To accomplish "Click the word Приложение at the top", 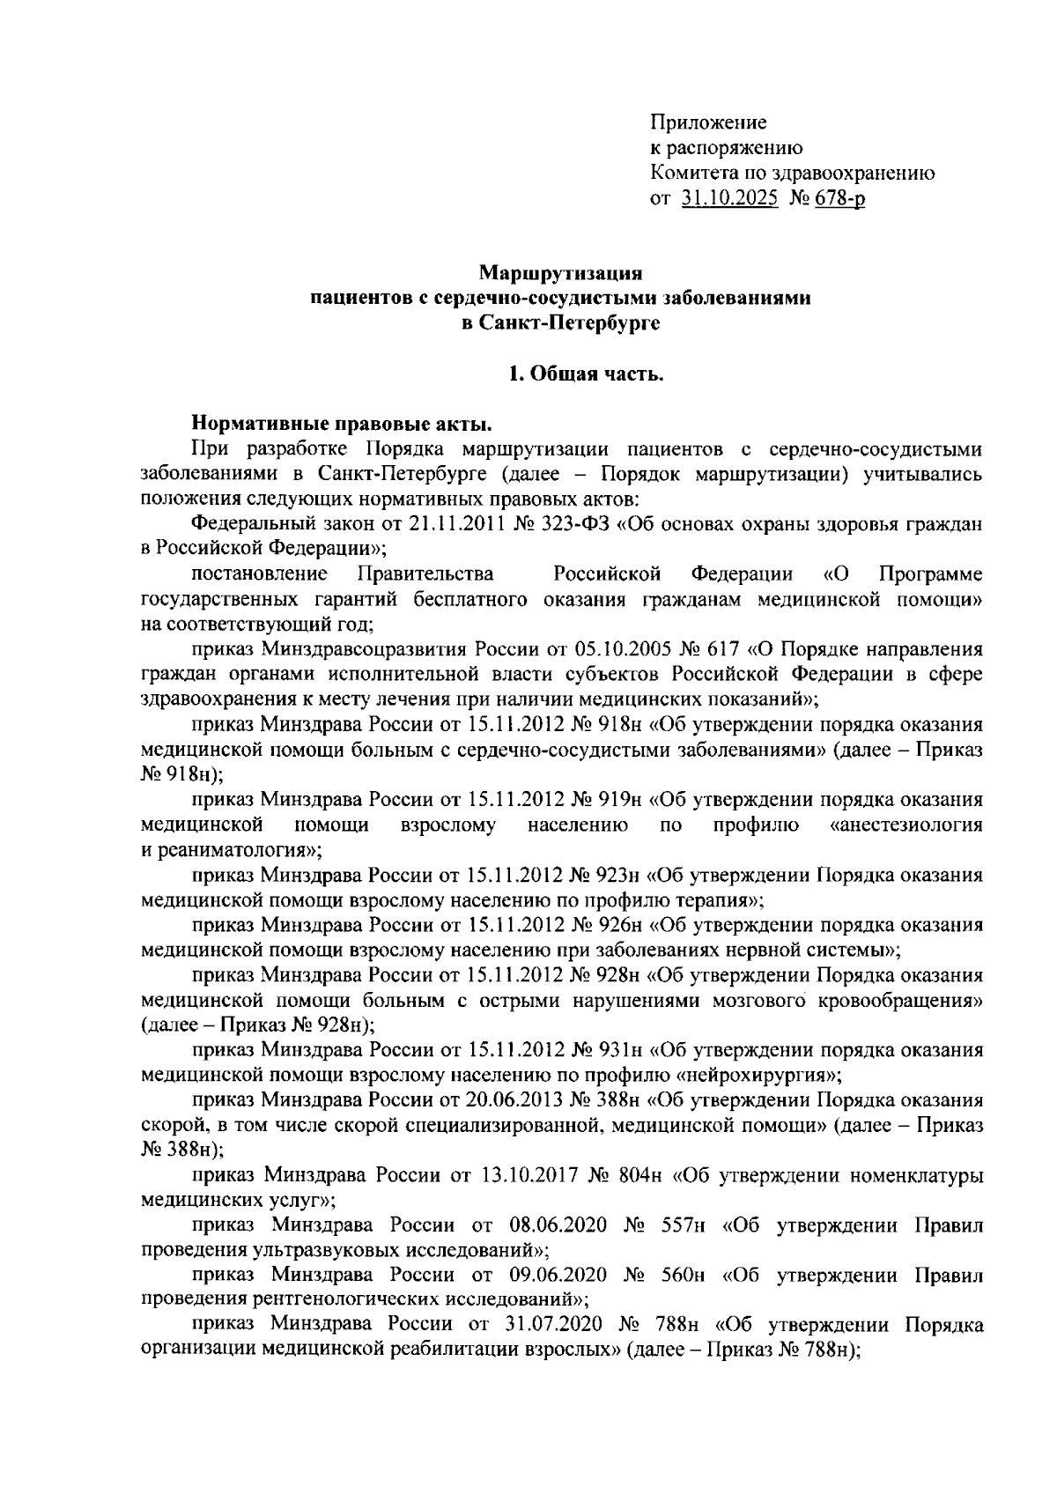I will point(708,122).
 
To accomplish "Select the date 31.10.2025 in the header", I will point(729,199).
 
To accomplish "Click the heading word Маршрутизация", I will point(564,274).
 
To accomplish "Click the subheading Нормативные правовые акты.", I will point(342,425).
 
